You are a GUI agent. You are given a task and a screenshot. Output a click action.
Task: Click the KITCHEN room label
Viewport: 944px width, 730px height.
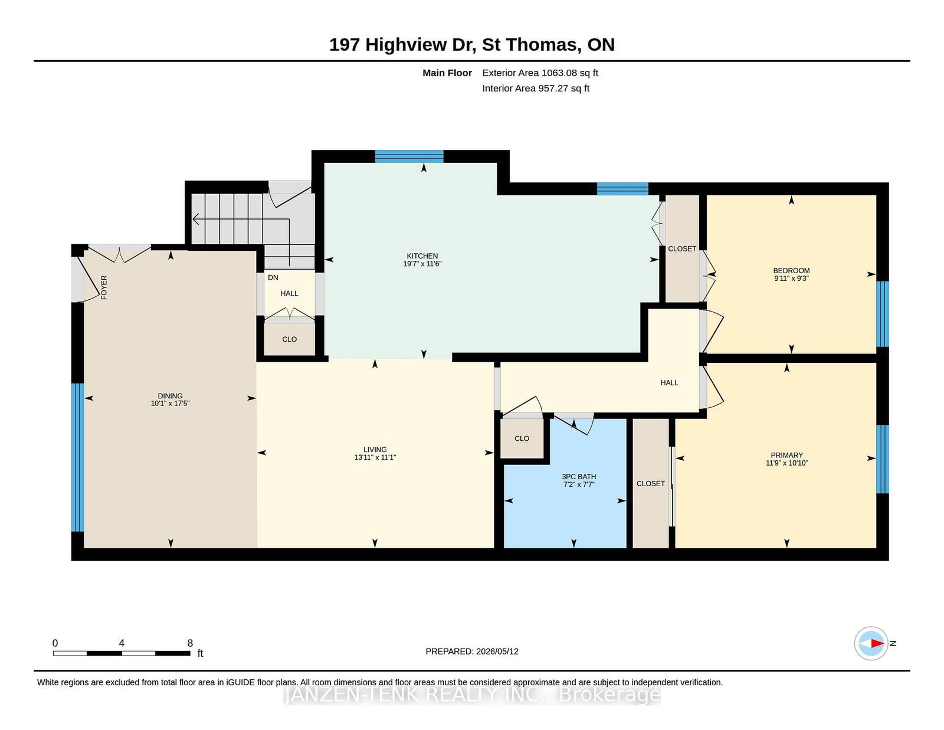[422, 256]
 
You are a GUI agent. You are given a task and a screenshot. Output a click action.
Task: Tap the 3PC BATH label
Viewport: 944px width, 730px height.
[579, 477]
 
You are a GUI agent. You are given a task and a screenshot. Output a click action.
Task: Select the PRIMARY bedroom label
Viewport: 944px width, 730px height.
[786, 456]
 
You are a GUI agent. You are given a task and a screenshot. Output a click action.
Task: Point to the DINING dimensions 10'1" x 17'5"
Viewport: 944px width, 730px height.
[171, 403]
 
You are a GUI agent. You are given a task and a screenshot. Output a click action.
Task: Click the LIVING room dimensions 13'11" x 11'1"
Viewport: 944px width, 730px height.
[375, 457]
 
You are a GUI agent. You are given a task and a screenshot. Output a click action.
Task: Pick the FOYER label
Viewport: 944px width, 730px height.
[104, 287]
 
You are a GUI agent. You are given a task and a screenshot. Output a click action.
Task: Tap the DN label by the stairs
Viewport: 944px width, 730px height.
[273, 277]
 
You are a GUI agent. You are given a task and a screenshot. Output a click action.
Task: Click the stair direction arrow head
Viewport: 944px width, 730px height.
[196, 220]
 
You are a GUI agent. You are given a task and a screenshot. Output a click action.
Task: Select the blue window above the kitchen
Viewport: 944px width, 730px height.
[409, 156]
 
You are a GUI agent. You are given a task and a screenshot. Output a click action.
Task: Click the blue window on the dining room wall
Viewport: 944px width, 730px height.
[77, 457]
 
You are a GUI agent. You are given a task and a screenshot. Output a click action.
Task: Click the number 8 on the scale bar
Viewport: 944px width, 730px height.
[190, 643]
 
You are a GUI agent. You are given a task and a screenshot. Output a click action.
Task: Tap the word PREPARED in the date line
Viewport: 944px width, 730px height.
[449, 652]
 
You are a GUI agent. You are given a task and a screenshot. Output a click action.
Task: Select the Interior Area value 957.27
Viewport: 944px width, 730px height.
[553, 88]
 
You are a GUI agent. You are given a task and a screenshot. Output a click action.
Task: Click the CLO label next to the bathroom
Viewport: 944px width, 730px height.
[522, 438]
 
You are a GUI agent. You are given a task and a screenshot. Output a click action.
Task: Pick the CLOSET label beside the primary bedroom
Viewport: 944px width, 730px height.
[650, 484]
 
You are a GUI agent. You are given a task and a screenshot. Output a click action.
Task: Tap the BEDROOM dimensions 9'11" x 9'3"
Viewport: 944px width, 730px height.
[791, 278]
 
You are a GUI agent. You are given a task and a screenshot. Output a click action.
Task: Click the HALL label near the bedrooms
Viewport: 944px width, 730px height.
[669, 382]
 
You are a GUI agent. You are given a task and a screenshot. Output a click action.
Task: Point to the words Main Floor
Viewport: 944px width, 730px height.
[447, 73]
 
